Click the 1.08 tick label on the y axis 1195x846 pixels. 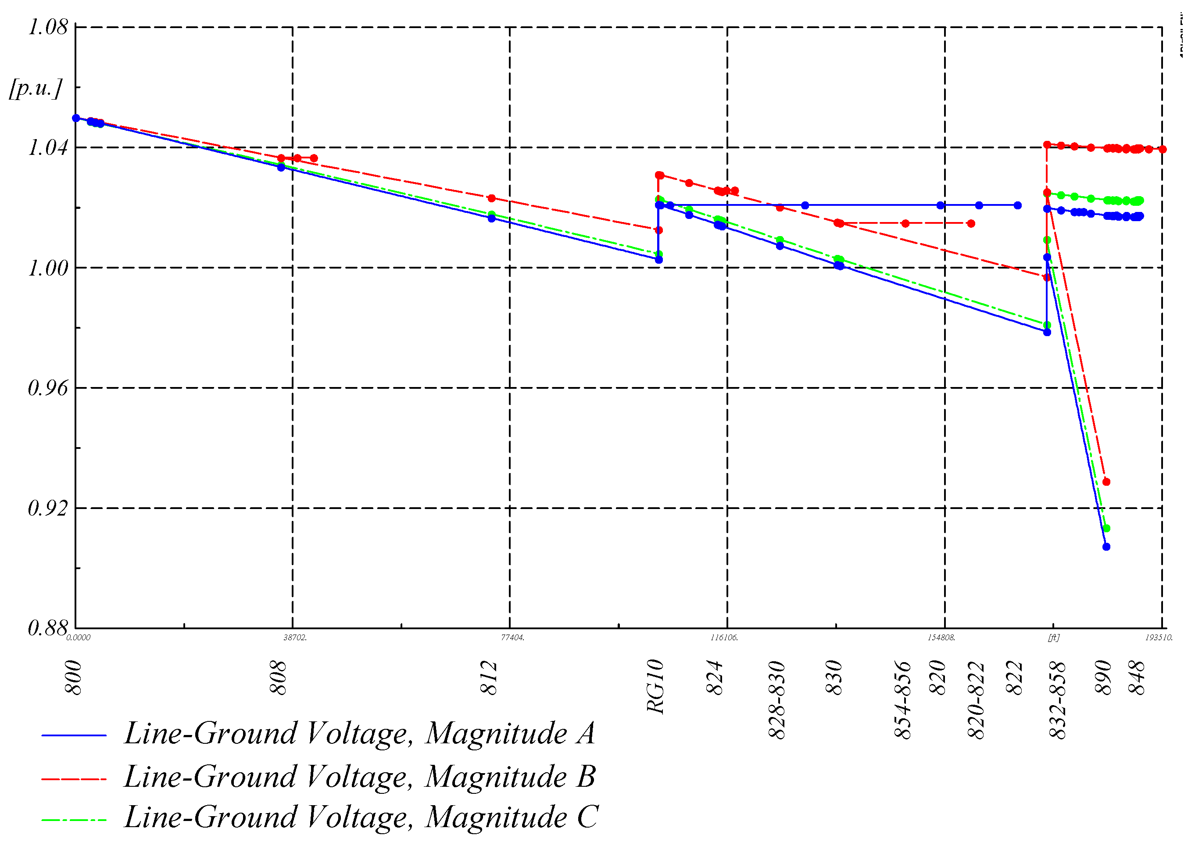[48, 27]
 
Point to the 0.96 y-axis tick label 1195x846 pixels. [48, 387]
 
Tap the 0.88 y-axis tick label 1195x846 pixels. [48, 628]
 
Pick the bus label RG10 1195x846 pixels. [655, 687]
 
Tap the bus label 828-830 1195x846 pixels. [777, 699]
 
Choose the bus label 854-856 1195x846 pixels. [903, 699]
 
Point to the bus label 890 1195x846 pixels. [1103, 678]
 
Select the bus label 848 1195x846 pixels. [1137, 678]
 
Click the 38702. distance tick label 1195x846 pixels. [295, 638]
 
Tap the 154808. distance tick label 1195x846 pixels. [941, 638]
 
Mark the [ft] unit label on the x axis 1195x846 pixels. [1054, 638]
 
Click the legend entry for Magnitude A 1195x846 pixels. [359, 734]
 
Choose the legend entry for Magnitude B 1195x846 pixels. [359, 777]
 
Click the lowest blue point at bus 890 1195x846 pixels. [1106, 547]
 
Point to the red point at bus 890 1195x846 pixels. [1106, 482]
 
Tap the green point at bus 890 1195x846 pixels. [1106, 528]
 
